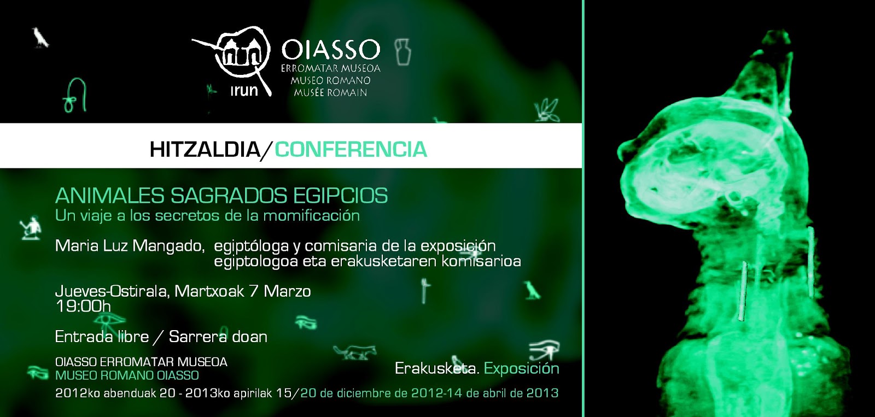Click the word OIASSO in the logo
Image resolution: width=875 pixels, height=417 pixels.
[x=330, y=50]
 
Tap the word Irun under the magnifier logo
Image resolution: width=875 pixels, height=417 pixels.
[x=244, y=91]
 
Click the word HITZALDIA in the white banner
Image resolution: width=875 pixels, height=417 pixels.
[x=205, y=149]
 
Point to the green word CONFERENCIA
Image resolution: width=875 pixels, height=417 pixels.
[x=351, y=149]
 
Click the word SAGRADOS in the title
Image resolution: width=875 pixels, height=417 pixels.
[x=229, y=196]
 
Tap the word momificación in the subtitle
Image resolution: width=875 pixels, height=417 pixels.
[x=311, y=215]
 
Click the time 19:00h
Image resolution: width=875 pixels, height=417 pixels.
[x=83, y=306]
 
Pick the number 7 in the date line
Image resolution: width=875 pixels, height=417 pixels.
[x=253, y=291]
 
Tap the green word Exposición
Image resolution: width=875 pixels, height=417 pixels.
[x=521, y=368]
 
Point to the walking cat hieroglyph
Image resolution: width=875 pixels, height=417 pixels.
[x=355, y=351]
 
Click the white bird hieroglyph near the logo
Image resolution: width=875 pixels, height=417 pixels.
[x=40, y=37]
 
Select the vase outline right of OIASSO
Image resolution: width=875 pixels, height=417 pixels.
[x=403, y=52]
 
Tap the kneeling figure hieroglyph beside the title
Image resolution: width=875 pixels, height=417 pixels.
[x=31, y=227]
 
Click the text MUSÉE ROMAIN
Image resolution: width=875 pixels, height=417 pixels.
[x=330, y=93]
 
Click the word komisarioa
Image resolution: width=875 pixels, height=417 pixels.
[x=481, y=261]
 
